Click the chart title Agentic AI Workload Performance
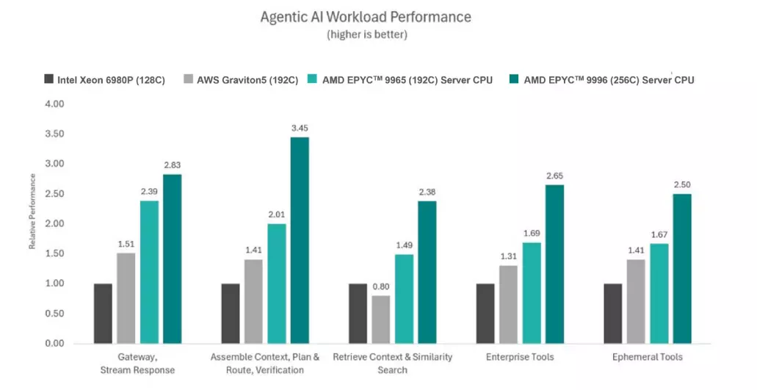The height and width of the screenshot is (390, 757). point(366,17)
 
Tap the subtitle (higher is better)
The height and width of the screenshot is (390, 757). point(367,35)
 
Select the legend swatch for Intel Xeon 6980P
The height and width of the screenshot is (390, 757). point(48,79)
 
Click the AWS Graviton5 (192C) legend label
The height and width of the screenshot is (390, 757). point(247,79)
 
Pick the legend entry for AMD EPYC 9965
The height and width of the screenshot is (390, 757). point(400,79)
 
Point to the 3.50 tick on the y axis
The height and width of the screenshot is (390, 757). point(54,134)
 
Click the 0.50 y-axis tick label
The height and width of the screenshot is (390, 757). point(54,314)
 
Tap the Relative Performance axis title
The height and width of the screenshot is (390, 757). point(32,212)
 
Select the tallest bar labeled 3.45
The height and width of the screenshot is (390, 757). point(300,240)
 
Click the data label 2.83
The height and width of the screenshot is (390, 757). point(173,165)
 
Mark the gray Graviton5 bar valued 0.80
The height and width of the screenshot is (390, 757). point(381,319)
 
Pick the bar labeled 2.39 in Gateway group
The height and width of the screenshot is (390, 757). point(149,272)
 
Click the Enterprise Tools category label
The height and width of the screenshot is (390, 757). point(520,357)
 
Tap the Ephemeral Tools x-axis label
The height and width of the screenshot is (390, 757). point(648,357)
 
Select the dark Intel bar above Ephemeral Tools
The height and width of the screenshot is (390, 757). point(612,314)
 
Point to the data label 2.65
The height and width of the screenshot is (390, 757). point(554,176)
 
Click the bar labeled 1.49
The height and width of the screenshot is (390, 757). point(404,299)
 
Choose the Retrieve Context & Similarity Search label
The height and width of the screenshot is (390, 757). point(393,364)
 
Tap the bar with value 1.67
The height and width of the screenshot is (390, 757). point(659,294)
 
